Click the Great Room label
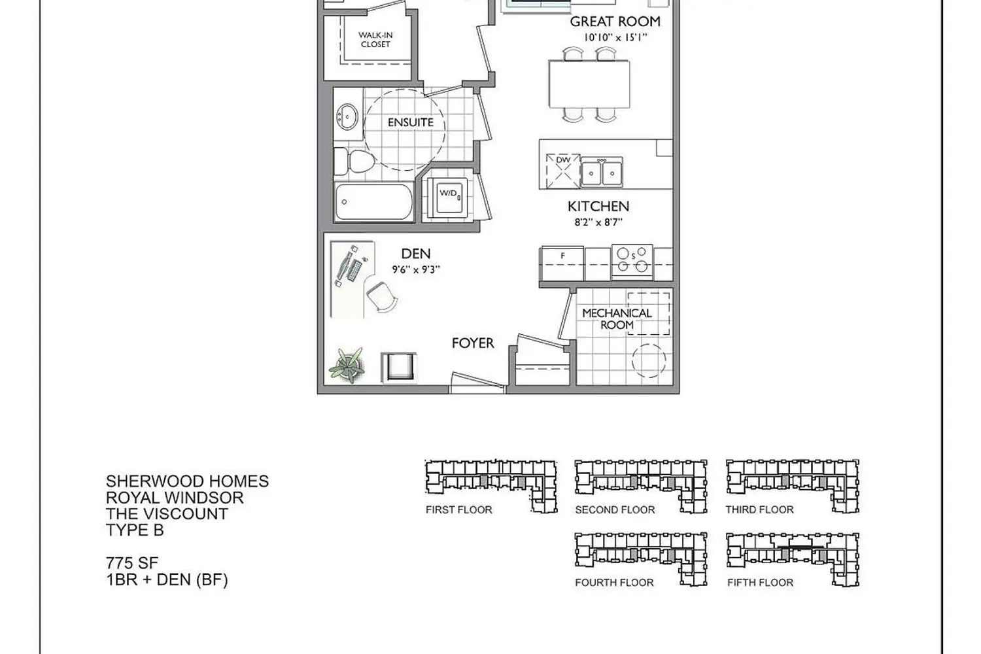point(615,22)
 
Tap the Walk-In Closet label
point(375,40)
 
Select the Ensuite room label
point(410,122)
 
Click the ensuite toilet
point(353,161)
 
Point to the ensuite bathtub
point(374,203)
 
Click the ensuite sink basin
point(347,118)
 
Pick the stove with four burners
point(632,260)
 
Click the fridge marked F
point(562,263)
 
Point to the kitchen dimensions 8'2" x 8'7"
point(598,222)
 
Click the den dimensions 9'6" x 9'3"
point(416,269)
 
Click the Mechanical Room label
point(617,319)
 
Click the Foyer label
point(473,343)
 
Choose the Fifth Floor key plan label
point(760,583)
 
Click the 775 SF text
point(132,562)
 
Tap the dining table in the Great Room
point(589,84)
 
